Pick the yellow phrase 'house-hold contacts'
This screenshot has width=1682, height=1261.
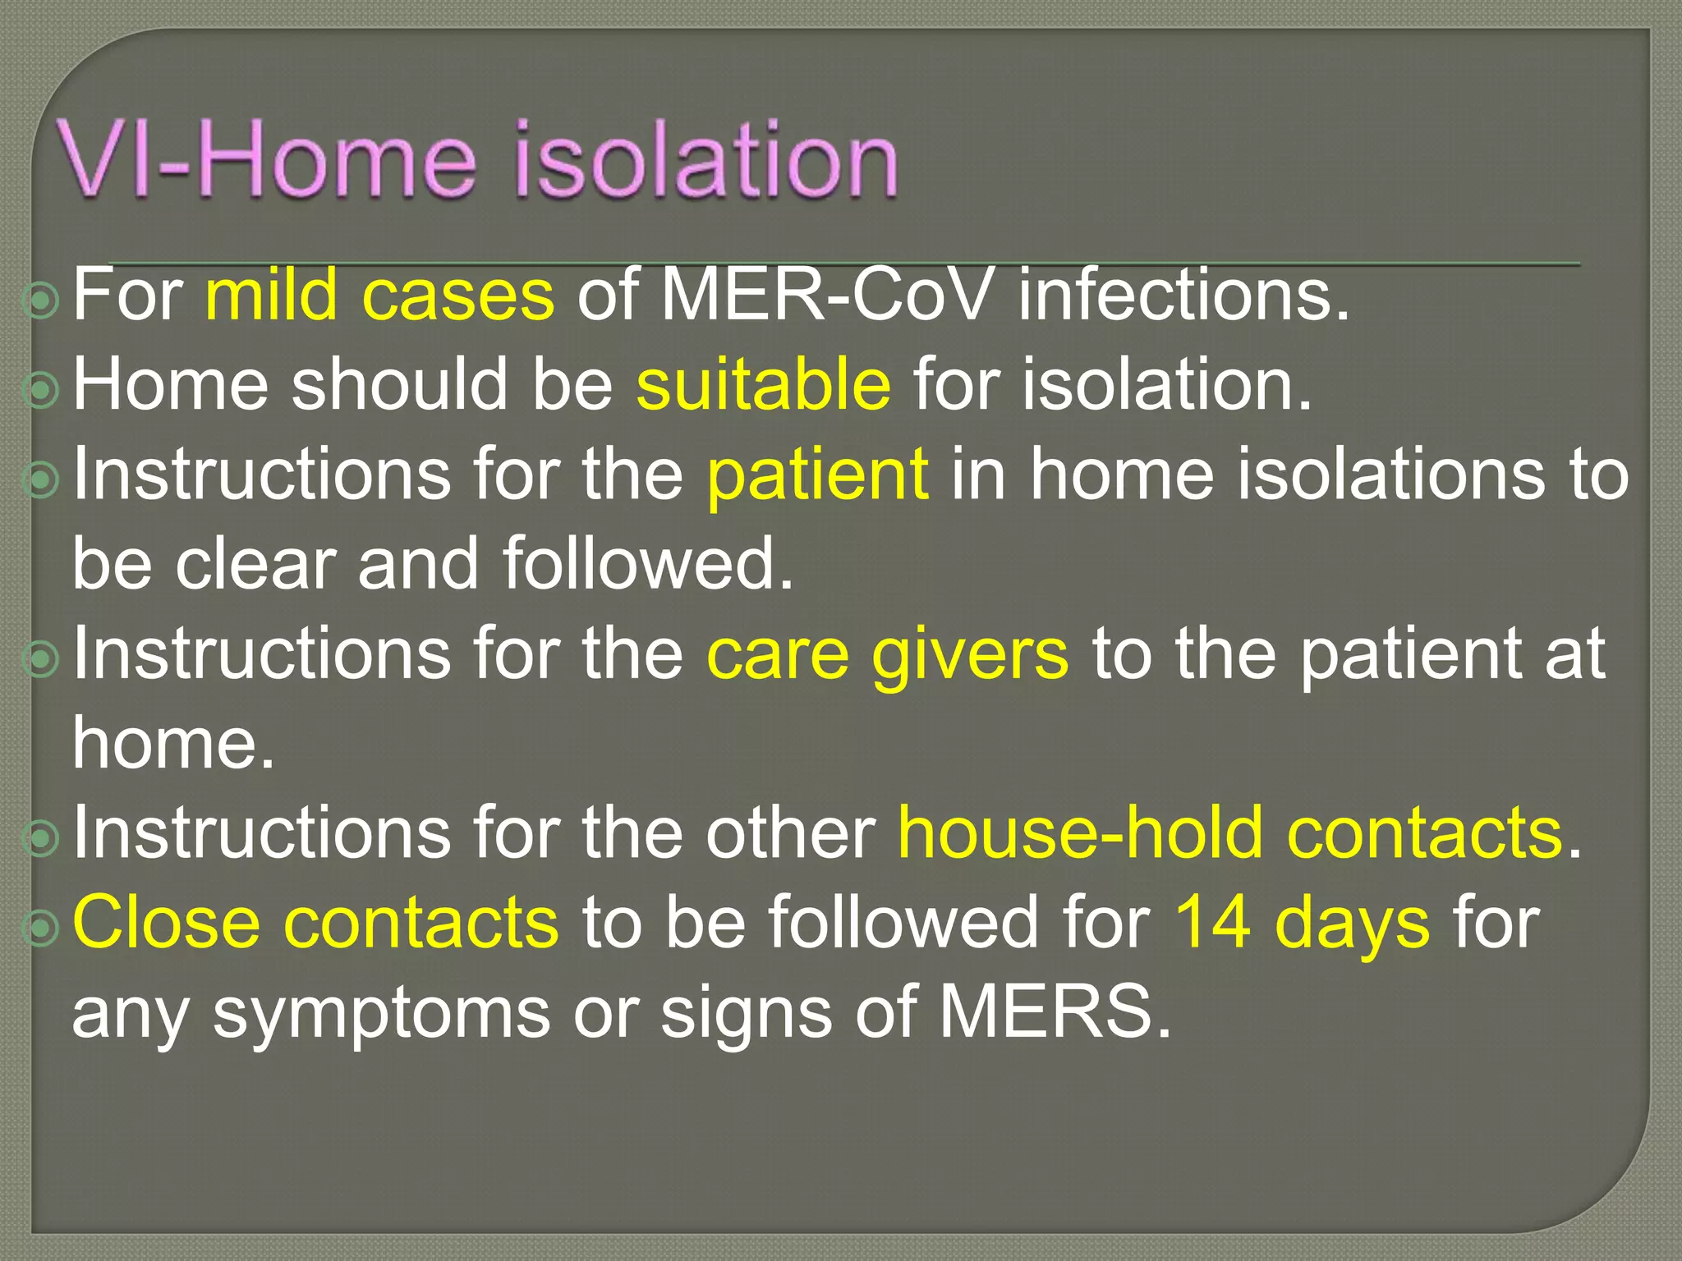tap(1229, 833)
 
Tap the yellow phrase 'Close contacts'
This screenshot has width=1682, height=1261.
tap(315, 923)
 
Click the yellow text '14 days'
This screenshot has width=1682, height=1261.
tap(1303, 924)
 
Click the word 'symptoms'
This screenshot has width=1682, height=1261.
tap(381, 1015)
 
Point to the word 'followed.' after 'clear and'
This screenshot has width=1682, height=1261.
tap(648, 564)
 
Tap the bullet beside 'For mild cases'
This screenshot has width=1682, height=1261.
tap(41, 301)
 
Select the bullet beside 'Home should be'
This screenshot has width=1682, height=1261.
tap(41, 391)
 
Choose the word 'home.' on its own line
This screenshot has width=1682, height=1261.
tap(173, 743)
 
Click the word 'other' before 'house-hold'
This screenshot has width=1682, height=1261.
tap(791, 833)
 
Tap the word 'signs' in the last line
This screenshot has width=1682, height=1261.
tap(747, 1015)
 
